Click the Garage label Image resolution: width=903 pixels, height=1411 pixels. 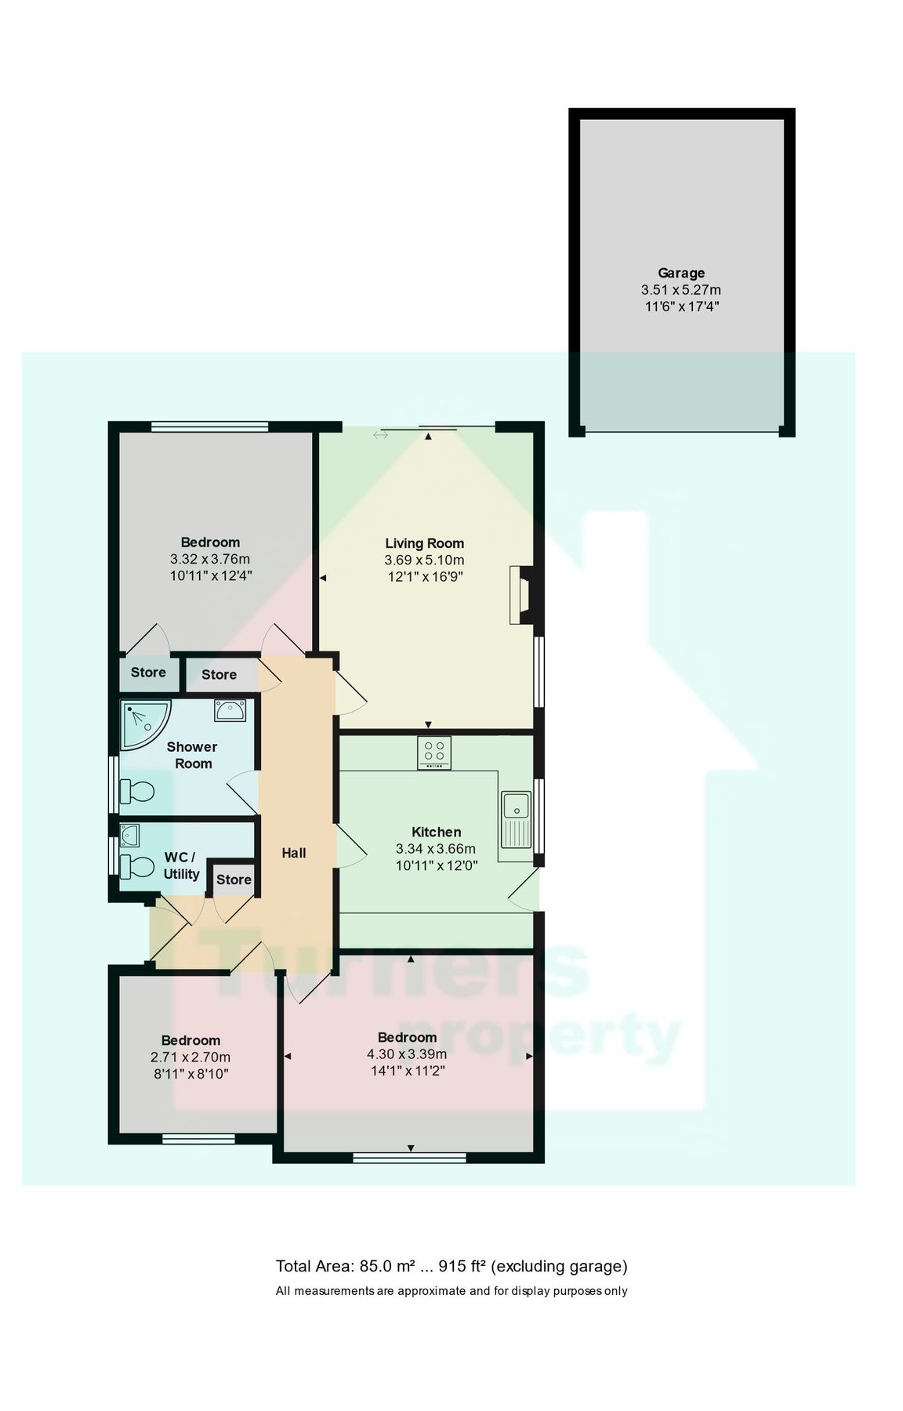coord(680,273)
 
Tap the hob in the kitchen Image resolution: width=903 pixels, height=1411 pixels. coord(433,753)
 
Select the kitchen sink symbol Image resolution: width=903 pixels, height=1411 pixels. coord(517,819)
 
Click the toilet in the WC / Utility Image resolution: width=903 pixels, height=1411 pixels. coord(136,866)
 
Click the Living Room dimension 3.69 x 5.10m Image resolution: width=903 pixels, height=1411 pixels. coord(424,560)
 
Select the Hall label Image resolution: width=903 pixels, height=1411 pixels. coord(294,853)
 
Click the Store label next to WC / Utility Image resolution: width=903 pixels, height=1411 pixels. coord(234,880)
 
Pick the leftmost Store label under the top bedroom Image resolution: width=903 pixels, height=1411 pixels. coord(148,672)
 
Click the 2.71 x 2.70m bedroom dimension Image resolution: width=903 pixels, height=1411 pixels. coord(190,1057)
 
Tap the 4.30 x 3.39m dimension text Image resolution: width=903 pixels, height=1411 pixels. coord(407,1054)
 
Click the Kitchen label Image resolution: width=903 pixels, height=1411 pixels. coord(437,832)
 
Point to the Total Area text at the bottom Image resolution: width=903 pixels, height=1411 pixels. coord(451,1266)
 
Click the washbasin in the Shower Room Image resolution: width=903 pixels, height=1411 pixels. coord(230,710)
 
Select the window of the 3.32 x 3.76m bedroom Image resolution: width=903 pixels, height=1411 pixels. coord(209,426)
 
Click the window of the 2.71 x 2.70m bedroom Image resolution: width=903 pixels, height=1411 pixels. coord(198,1139)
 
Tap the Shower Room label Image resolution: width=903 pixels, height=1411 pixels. coord(192,755)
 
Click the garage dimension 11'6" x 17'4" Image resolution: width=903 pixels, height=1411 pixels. coord(681,307)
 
